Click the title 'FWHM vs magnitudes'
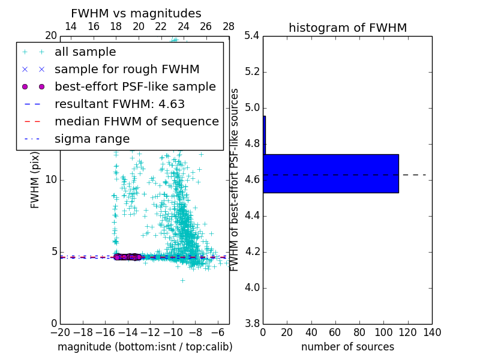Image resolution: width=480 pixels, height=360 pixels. pyautogui.click(x=136, y=13)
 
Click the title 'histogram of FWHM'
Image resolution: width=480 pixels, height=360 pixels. pyautogui.click(x=347, y=28)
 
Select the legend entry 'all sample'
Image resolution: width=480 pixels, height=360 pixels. pyautogui.click(x=85, y=52)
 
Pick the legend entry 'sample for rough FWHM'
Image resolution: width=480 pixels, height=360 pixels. pyautogui.click(x=127, y=70)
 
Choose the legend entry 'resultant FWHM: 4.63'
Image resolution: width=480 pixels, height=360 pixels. pyautogui.click(x=119, y=104)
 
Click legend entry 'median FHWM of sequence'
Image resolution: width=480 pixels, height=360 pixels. pyautogui.click(x=136, y=122)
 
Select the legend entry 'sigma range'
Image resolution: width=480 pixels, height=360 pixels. pyautogui.click(x=92, y=139)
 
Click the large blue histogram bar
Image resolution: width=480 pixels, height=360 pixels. pyautogui.click(x=331, y=173)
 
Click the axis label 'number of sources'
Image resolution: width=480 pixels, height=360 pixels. pyautogui.click(x=347, y=347)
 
